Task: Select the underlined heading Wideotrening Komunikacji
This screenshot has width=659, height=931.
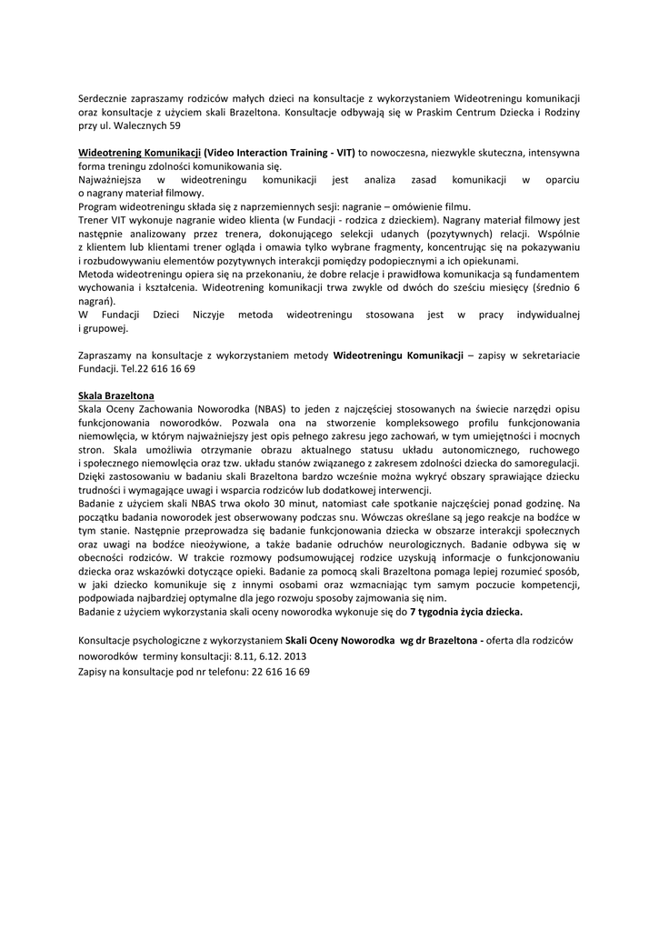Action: [139, 153]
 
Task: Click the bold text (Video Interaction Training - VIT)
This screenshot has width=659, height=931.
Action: [279, 153]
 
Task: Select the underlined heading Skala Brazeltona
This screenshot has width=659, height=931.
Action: [116, 396]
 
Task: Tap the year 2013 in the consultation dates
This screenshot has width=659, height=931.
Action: [294, 655]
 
